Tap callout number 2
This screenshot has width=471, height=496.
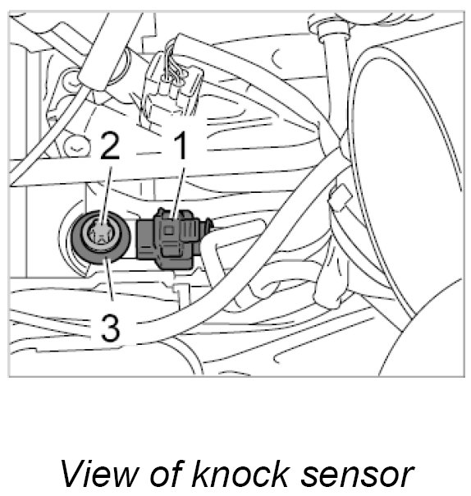coord(110,145)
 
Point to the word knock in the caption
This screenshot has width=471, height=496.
coord(240,473)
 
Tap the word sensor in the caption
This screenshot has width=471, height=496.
coord(357,477)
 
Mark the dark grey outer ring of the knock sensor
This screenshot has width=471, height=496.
coord(75,237)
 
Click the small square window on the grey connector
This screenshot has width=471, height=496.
coord(169,231)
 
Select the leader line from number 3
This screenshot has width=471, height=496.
coord(109,278)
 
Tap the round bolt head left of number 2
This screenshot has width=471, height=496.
coord(75,145)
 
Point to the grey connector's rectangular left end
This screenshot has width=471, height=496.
coord(146,238)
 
